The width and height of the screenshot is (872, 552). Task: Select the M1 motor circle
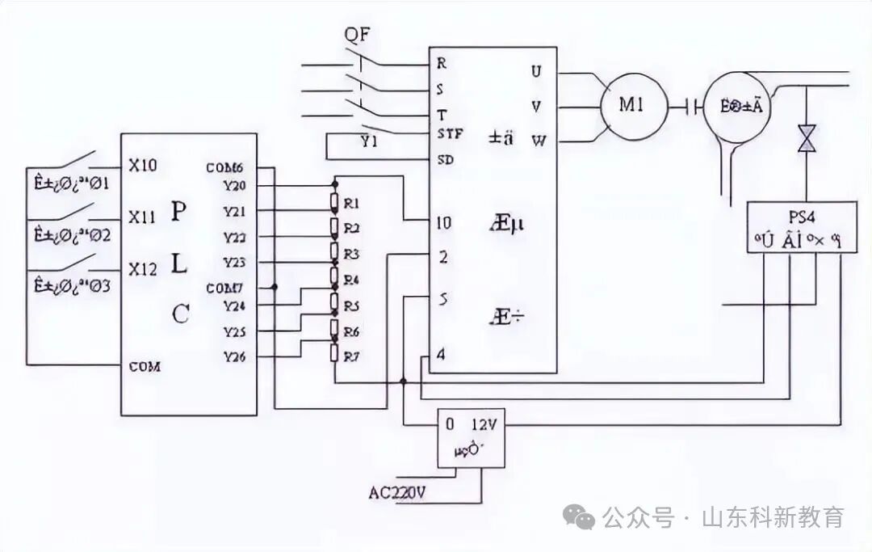pyautogui.click(x=632, y=107)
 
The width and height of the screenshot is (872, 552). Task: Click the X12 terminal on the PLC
pyautogui.click(x=142, y=269)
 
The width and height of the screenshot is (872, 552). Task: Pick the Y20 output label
pyautogui.click(x=234, y=186)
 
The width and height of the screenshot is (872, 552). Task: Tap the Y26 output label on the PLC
pyautogui.click(x=234, y=356)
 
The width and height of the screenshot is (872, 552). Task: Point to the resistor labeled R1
pyautogui.click(x=351, y=202)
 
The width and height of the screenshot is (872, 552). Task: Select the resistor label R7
pyautogui.click(x=351, y=356)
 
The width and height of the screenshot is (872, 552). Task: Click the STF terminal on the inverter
pyautogui.click(x=449, y=133)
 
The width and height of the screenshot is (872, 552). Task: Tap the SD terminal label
pyautogui.click(x=445, y=159)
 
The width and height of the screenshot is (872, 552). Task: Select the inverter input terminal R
pyautogui.click(x=442, y=62)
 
